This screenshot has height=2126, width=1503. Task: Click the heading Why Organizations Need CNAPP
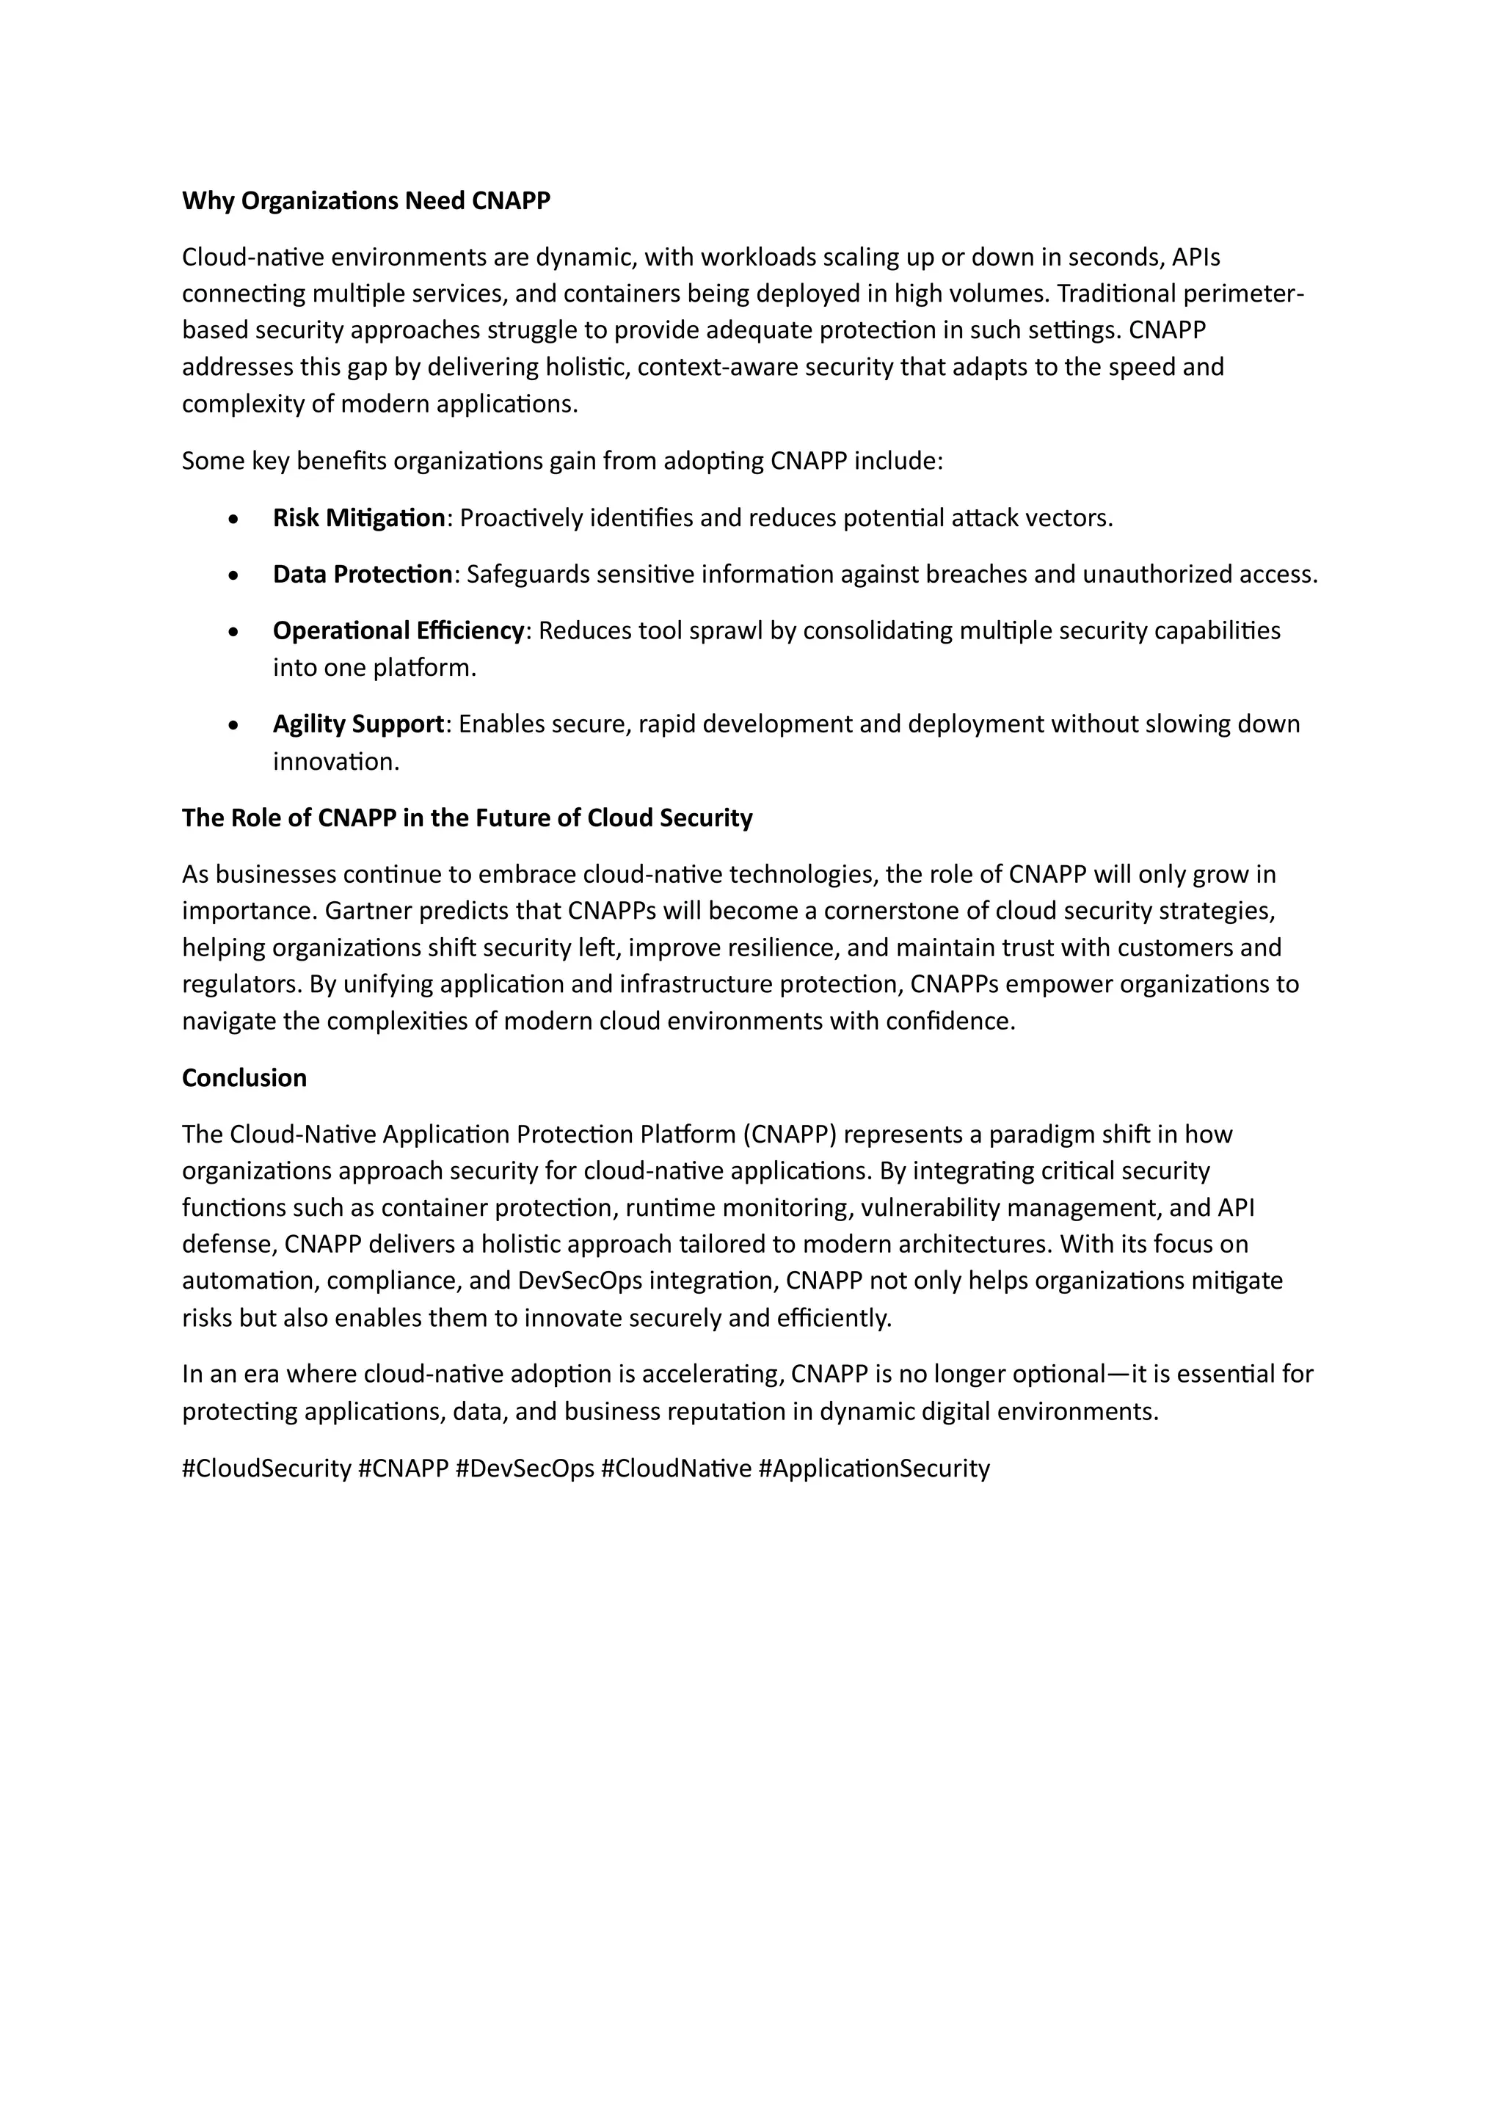pyautogui.click(x=365, y=201)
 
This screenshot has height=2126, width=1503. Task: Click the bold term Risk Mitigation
pyautogui.click(x=358, y=519)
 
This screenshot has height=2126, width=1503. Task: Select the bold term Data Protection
pyautogui.click(x=362, y=575)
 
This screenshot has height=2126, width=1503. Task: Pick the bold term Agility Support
pyautogui.click(x=357, y=724)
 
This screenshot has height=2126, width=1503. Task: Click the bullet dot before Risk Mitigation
pyautogui.click(x=233, y=520)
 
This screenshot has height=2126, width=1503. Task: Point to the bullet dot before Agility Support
pyautogui.click(x=233, y=725)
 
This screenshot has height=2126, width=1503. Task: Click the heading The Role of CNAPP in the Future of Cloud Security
pyautogui.click(x=467, y=818)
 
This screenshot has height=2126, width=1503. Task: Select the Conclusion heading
pyautogui.click(x=244, y=1078)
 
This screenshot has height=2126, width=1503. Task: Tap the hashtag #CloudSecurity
pyautogui.click(x=266, y=1468)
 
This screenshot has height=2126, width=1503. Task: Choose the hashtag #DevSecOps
pyautogui.click(x=524, y=1468)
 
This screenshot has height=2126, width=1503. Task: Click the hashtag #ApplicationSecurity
pyautogui.click(x=873, y=1468)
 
